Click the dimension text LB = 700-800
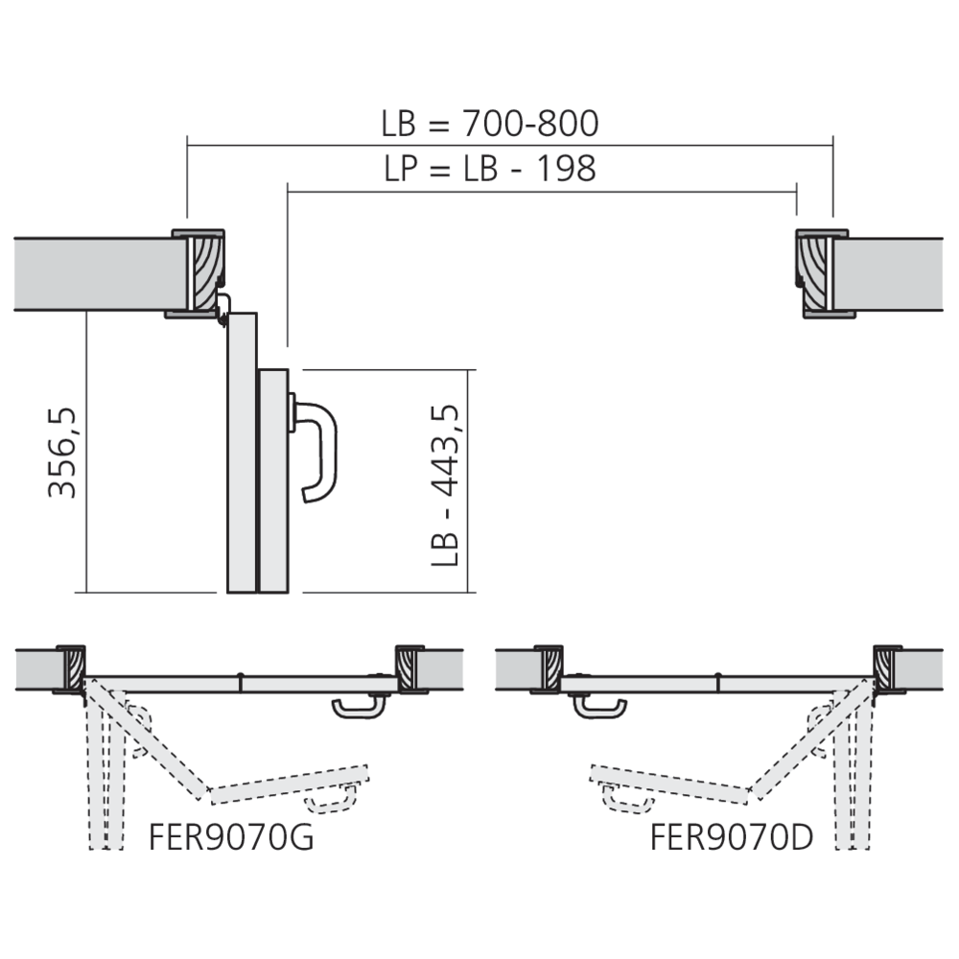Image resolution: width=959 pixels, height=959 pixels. click(489, 125)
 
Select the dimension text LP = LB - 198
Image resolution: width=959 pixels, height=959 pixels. click(489, 169)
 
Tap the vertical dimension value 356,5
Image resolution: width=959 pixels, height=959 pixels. click(63, 452)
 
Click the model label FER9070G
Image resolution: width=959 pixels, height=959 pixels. click(231, 837)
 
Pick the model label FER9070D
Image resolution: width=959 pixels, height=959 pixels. click(732, 837)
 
